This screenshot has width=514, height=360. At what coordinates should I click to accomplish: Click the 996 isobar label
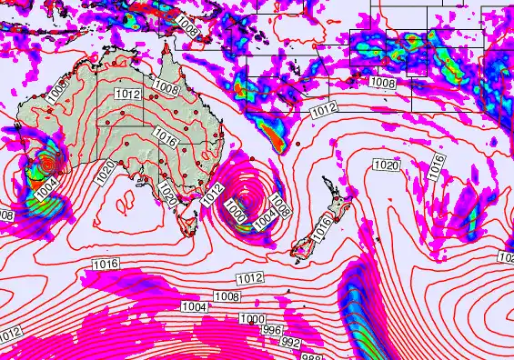click(272, 330)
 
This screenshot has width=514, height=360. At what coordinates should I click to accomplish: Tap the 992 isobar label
click(290, 342)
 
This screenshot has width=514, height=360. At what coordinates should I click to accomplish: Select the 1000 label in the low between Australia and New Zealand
click(235, 212)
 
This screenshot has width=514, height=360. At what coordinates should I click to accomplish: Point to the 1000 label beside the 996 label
click(253, 318)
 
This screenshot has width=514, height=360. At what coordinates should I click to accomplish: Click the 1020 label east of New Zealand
click(387, 165)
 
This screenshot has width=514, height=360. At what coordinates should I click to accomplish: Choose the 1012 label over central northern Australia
click(127, 94)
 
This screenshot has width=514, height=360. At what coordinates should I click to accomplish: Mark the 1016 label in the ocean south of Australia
click(106, 263)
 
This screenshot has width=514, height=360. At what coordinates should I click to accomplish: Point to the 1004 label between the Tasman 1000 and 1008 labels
click(264, 218)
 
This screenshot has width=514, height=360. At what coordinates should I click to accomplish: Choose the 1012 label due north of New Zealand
click(325, 109)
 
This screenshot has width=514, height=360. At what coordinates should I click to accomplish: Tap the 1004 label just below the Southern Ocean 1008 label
click(194, 306)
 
